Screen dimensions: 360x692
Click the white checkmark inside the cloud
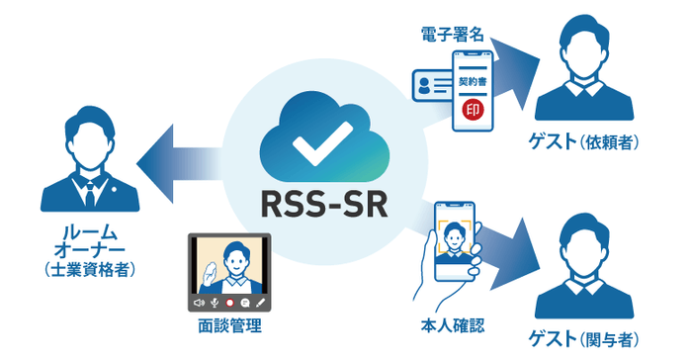point(319,145)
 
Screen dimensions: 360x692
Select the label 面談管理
point(229,325)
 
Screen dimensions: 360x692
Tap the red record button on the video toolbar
point(230,301)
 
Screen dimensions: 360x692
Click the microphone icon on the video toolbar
point(215,301)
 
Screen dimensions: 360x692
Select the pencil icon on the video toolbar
point(262,301)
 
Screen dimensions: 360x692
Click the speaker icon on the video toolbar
point(199,301)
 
